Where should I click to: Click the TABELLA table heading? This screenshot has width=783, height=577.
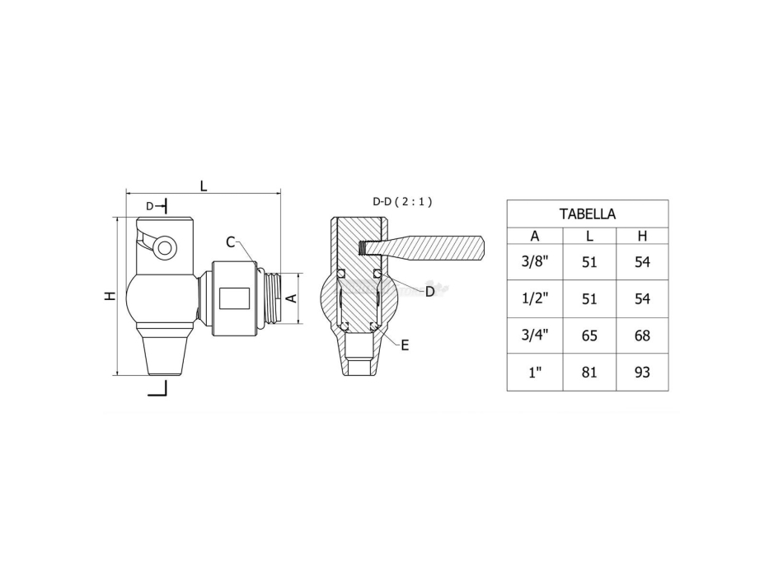587,213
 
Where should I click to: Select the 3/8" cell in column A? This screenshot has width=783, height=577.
534,262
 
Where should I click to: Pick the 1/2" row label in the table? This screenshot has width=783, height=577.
534,298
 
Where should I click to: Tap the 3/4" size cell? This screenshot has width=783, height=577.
534,335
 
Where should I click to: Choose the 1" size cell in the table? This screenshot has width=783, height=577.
534,373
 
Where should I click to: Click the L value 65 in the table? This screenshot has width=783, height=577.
589,335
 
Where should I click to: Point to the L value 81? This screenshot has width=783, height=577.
589,373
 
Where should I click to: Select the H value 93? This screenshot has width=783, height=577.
642,373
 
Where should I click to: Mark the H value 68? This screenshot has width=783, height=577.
642,335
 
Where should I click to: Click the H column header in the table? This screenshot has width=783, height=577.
642,237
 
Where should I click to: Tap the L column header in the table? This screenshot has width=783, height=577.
589,237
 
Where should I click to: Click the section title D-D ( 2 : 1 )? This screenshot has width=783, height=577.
402,201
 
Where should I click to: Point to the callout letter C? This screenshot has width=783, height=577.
231,242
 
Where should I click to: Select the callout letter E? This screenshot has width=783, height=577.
405,345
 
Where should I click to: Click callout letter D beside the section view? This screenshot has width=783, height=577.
429,291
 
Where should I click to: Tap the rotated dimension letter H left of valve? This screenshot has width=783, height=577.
110,297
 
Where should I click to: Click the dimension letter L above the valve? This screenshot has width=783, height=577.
204,185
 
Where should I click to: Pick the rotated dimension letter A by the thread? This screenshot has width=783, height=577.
291,298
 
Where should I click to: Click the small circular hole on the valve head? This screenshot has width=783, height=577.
165,246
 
